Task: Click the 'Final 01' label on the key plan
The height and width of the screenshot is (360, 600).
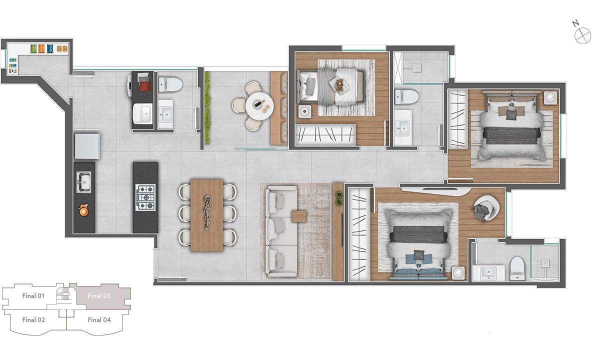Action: (x=33, y=295)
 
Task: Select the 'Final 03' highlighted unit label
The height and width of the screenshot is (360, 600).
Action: (x=99, y=295)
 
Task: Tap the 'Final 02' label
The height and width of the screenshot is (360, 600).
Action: (x=33, y=319)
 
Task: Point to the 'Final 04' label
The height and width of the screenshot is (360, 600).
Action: (x=99, y=319)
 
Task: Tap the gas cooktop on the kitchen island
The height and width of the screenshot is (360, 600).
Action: (x=145, y=197)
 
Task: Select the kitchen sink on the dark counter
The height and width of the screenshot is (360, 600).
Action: (x=84, y=182)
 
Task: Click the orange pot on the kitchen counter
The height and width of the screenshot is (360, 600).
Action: (x=83, y=209)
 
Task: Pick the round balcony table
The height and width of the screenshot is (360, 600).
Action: (x=259, y=105)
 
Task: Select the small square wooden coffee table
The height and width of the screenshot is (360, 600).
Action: (x=299, y=216)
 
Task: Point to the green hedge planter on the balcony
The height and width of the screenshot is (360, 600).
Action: (x=207, y=107)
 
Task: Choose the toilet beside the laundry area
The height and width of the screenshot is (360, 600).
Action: (x=170, y=84)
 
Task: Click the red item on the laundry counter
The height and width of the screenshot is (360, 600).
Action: (x=145, y=86)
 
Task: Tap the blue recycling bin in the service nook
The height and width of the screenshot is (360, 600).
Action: (x=50, y=48)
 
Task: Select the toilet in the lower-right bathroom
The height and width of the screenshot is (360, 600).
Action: (x=516, y=268)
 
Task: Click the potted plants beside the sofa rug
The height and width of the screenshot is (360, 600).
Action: (x=339, y=198)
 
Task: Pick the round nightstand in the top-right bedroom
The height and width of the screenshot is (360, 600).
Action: (x=550, y=97)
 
